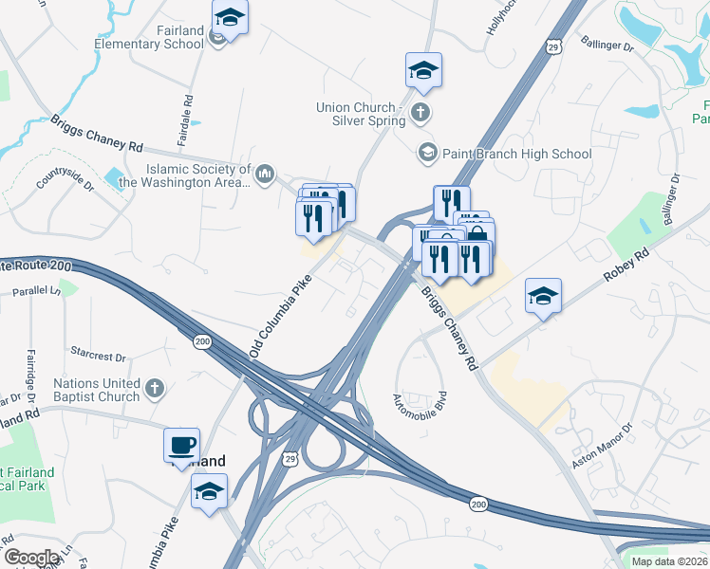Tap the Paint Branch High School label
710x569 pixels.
click(516, 154)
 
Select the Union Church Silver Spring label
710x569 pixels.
click(361, 114)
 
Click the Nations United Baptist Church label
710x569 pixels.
click(97, 390)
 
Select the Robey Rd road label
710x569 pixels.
click(626, 269)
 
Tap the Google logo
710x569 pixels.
click(31, 558)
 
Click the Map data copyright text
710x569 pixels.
click(670, 561)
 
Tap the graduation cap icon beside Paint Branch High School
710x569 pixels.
click(427, 153)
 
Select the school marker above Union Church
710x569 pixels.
click(422, 70)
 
